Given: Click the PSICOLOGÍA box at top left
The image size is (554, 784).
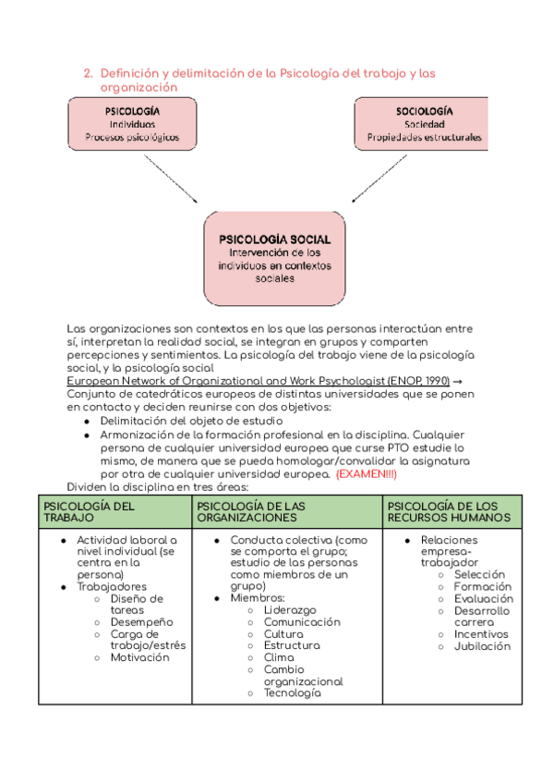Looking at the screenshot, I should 133,124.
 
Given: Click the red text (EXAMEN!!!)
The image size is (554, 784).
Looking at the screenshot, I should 366,473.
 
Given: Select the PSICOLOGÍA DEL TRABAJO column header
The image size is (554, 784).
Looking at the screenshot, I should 114,511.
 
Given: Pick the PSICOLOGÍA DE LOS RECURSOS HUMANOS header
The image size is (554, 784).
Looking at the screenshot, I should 452,511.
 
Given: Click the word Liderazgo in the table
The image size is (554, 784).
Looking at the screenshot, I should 289,610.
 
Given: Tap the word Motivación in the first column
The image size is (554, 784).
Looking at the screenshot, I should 140,657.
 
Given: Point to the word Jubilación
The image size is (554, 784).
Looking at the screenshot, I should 482,646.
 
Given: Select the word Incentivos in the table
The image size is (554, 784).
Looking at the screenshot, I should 481,634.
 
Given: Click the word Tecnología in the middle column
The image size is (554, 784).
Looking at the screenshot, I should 292,693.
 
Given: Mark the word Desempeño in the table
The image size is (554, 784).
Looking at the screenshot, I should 140,622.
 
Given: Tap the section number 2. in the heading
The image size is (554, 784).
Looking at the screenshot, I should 88,72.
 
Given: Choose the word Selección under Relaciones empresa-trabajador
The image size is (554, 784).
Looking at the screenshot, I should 480,574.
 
